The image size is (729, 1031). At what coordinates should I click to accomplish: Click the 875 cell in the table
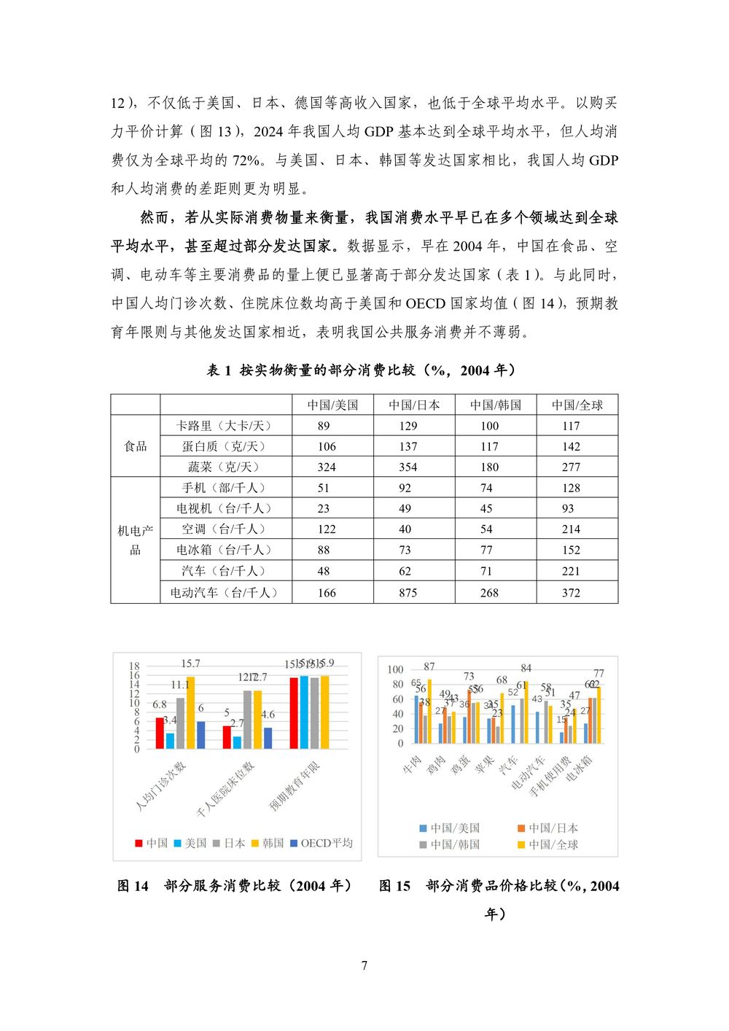coord(408,593)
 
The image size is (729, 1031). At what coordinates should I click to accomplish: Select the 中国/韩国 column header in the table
coord(495,405)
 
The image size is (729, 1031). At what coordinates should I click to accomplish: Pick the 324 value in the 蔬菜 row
coord(327,467)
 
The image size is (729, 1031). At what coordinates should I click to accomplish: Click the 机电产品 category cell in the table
coord(136,540)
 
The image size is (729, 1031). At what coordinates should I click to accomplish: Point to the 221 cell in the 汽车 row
coord(571,572)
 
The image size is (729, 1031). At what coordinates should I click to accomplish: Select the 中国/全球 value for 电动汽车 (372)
coord(571,593)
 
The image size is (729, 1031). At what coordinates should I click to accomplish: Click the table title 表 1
coord(219,370)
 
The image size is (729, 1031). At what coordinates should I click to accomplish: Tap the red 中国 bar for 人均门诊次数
coord(160,734)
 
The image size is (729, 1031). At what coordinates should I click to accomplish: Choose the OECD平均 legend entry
coord(321,843)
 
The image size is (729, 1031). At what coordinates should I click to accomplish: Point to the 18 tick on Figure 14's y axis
coord(134,666)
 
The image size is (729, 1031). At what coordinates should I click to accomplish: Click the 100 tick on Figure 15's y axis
coord(395,669)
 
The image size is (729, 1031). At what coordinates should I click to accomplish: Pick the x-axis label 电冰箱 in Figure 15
coord(580,769)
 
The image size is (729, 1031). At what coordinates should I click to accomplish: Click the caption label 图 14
coord(133,886)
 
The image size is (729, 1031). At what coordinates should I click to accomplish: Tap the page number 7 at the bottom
coord(364,966)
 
